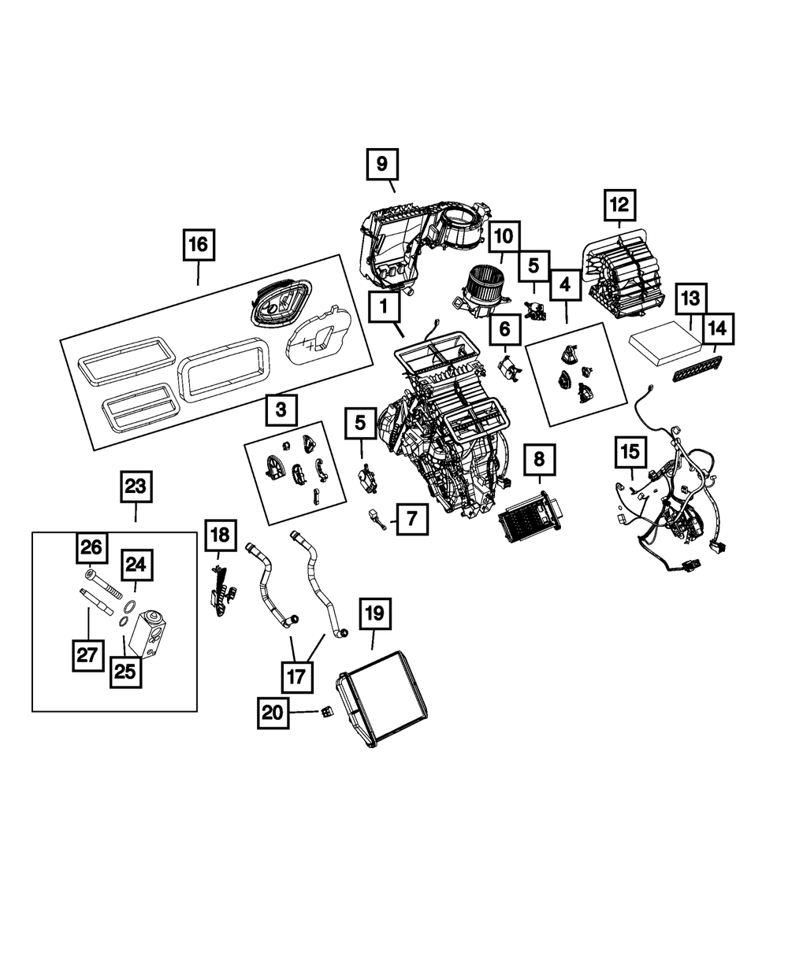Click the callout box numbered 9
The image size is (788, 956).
pos(382,165)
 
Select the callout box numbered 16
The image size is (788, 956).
pos(198,244)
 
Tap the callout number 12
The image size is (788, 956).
pos(619,206)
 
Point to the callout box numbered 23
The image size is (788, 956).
pos(136,487)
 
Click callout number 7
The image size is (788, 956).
pos(412,518)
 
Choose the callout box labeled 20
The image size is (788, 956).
pos(272,712)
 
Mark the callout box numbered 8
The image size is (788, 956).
pos(539,458)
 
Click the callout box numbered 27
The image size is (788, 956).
pos(87,655)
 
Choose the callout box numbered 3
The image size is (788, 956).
pos(281,409)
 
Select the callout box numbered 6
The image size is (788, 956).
pos(504,327)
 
